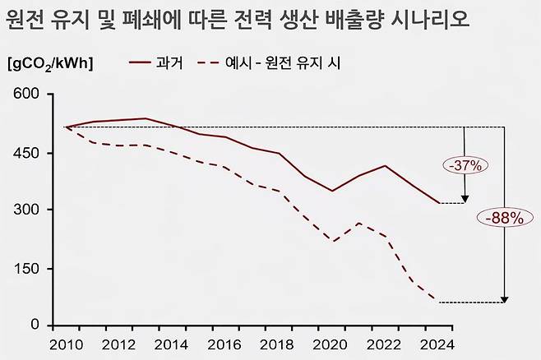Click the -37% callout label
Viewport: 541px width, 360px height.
(x=466, y=165)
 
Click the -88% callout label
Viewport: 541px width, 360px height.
(x=504, y=219)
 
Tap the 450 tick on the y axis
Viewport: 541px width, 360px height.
(x=28, y=153)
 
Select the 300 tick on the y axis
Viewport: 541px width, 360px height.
(x=28, y=210)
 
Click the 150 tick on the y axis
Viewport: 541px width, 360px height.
(x=28, y=269)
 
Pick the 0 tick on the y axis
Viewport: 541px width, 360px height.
(x=35, y=325)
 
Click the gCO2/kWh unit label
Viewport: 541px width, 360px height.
(x=50, y=63)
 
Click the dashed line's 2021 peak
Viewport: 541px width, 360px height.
(x=359, y=223)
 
